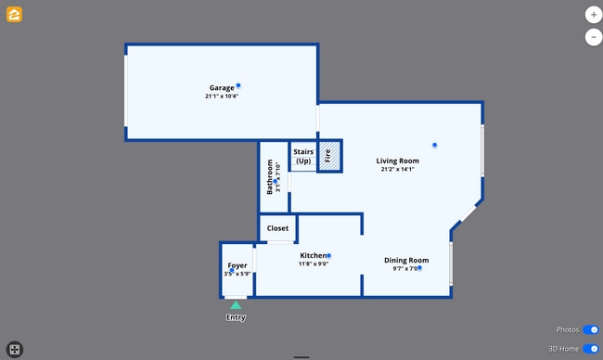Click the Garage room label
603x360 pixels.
pos(221,88)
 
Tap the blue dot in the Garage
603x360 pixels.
pos(238,85)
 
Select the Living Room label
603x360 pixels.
pos(397,161)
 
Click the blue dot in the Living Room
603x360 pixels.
pos(434,145)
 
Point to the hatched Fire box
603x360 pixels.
pos(329,156)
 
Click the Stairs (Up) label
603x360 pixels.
pos(303,156)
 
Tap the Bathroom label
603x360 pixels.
pos(270,176)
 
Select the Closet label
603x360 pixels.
pos(277,228)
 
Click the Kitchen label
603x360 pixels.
pos(313,255)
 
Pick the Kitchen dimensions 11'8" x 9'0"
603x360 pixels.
pos(314,264)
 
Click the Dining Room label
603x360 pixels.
pos(406,260)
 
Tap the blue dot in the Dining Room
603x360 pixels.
pos(419,268)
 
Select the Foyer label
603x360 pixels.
pos(237,266)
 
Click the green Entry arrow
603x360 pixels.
pos(236,304)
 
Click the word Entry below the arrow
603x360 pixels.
pos(236,318)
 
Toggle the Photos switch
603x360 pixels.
pos(591,329)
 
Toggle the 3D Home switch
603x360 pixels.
pos(591,348)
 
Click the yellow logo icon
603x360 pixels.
pos(15,15)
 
